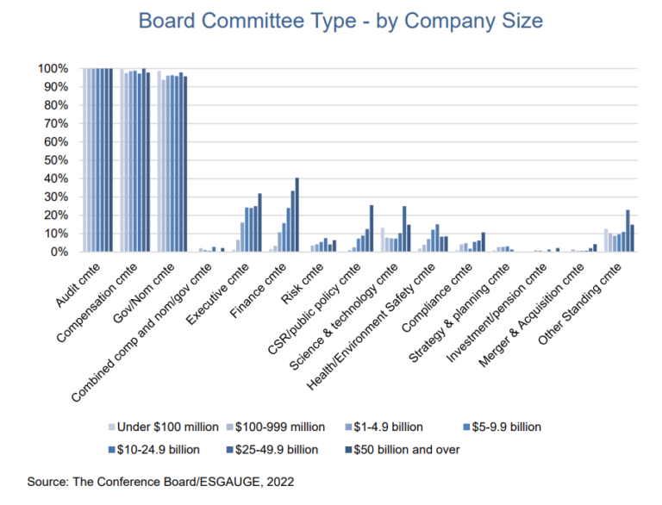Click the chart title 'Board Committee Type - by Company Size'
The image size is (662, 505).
(x=330, y=21)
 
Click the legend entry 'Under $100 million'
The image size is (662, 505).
(x=163, y=427)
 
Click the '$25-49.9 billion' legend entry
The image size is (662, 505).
(x=273, y=449)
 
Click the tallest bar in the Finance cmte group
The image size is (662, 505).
(x=297, y=215)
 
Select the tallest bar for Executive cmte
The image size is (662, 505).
(x=259, y=223)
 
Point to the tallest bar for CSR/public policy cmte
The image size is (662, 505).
(x=372, y=229)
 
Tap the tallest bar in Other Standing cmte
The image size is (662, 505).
(x=628, y=231)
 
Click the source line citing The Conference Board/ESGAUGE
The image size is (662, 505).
(x=160, y=483)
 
